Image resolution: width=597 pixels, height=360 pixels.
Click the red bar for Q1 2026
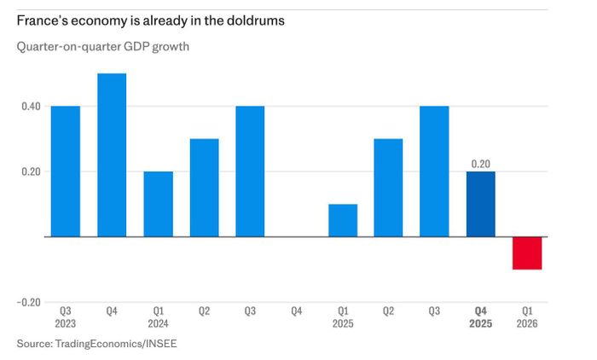(x=527, y=253)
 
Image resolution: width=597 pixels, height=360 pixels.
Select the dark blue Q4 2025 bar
(x=481, y=204)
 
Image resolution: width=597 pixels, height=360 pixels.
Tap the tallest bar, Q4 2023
(x=112, y=155)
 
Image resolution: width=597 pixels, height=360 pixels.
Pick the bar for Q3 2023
(x=66, y=171)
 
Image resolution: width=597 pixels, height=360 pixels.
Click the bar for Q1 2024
(x=159, y=204)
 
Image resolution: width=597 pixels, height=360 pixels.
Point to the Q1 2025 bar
(x=343, y=221)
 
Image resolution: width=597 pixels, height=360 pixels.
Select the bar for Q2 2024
(x=205, y=188)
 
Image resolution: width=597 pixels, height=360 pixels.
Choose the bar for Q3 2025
(x=434, y=171)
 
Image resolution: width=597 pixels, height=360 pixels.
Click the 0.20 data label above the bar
(x=480, y=164)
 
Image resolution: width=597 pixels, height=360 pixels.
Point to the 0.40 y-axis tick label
(x=31, y=107)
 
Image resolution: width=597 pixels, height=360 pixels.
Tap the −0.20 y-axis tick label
(x=28, y=303)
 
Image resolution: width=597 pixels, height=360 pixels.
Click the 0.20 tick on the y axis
(x=31, y=171)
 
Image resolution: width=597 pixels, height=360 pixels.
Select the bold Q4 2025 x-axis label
(x=480, y=317)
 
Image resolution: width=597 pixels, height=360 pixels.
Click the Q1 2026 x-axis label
(x=527, y=317)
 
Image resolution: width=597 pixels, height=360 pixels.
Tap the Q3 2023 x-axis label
(x=66, y=317)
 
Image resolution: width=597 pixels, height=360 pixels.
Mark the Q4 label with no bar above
(x=297, y=311)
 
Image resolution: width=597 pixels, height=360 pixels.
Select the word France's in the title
(x=42, y=20)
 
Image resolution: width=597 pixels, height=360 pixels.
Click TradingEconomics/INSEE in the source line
(x=116, y=344)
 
